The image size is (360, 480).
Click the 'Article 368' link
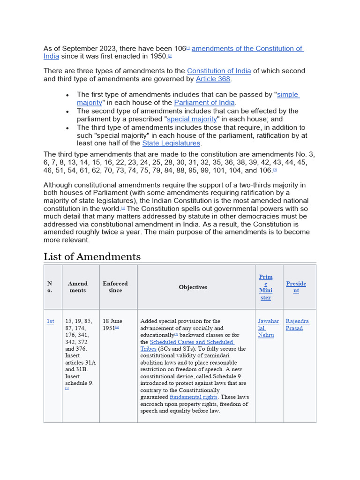[x=213, y=79]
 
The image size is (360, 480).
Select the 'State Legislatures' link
[x=171, y=143]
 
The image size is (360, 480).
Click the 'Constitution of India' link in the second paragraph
[x=219, y=71]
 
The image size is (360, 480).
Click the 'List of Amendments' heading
[x=92, y=256]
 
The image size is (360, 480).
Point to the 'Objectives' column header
[x=193, y=287]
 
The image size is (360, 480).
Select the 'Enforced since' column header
[x=115, y=287]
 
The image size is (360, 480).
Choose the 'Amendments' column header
[x=78, y=287]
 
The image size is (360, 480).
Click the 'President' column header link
[x=296, y=287]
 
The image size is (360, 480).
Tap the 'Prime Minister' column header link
[x=266, y=287]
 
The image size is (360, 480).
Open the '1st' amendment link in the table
[x=50, y=321]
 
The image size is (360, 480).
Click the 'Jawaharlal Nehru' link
[x=268, y=328]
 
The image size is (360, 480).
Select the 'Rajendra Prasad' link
[x=298, y=324]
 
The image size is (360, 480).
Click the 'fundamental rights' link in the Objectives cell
[x=193, y=397]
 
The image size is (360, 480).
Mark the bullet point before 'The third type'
[x=67, y=128]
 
